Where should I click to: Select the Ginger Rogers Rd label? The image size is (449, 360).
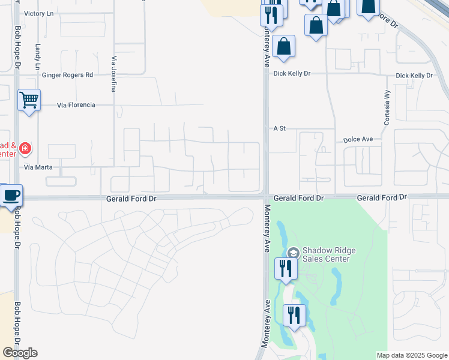pyautogui.click(x=68, y=75)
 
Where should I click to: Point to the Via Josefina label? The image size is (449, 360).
pyautogui.click(x=113, y=74)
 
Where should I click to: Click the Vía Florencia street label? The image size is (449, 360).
pyautogui.click(x=76, y=105)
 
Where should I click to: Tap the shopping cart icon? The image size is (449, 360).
pyautogui.click(x=28, y=100)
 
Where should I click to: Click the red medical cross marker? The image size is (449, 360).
pyautogui.click(x=25, y=148)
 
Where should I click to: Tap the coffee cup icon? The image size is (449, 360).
pyautogui.click(x=11, y=195)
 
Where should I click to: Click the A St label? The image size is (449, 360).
pyautogui.click(x=279, y=128)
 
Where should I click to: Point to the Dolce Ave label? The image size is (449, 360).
pyautogui.click(x=358, y=139)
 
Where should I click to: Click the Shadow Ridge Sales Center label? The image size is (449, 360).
pyautogui.click(x=325, y=254)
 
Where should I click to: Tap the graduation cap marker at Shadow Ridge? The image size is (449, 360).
pyautogui.click(x=293, y=253)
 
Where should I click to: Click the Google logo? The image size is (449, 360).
pyautogui.click(x=20, y=352)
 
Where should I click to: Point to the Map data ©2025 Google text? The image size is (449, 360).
pyautogui.click(x=412, y=355)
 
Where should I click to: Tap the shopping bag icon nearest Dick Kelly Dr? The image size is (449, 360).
pyautogui.click(x=283, y=46)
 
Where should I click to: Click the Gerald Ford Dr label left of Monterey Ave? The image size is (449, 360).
pyautogui.click(x=131, y=198)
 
